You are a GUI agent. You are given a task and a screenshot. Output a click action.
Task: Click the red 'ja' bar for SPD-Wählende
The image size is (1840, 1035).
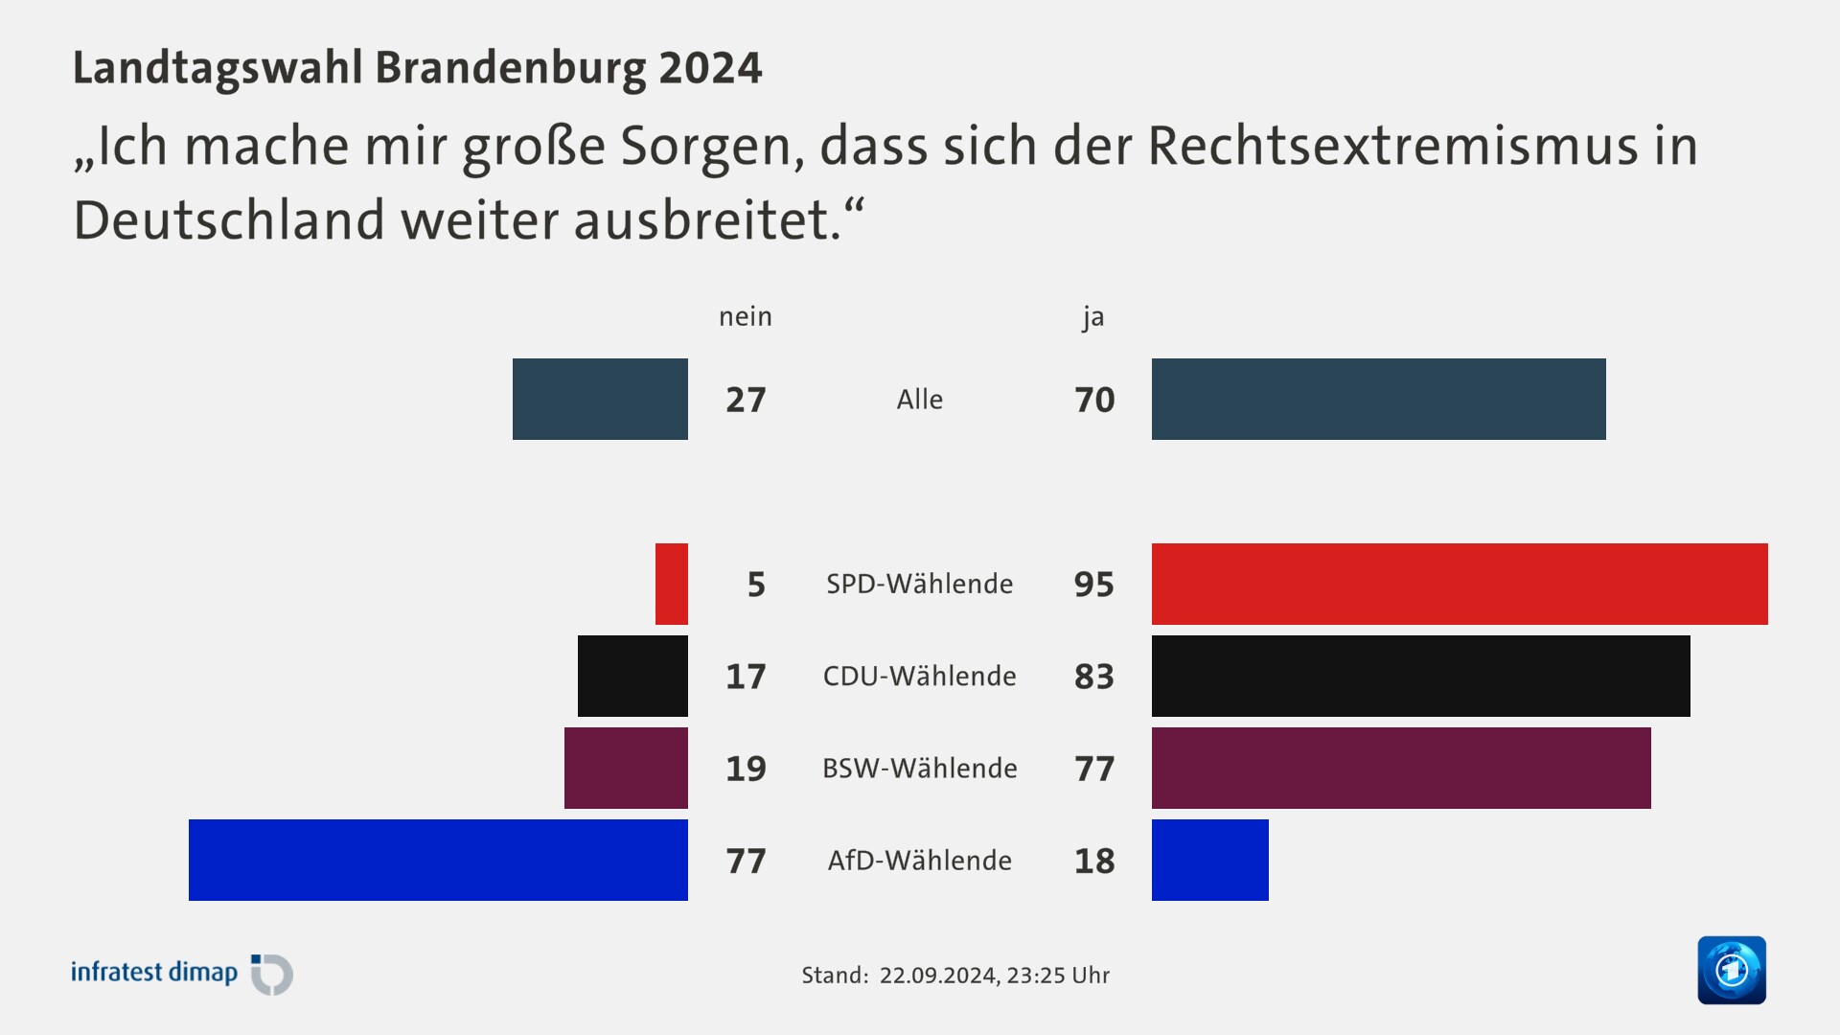(x=1459, y=584)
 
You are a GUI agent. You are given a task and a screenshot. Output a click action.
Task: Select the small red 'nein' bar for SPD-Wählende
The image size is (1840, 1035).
(x=671, y=584)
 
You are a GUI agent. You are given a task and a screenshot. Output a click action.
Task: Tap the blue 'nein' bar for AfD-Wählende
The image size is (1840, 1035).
(x=438, y=860)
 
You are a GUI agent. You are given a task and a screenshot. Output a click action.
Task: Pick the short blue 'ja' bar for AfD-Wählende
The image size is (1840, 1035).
(x=1209, y=860)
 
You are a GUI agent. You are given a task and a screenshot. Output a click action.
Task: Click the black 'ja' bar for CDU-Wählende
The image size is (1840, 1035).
(x=1420, y=676)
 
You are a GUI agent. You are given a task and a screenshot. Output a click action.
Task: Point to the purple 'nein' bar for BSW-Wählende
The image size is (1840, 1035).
(x=626, y=768)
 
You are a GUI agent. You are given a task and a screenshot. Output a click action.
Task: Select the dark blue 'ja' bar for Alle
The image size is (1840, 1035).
(x=1378, y=399)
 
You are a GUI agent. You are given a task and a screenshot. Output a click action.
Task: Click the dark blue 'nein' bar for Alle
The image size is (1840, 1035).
(x=600, y=399)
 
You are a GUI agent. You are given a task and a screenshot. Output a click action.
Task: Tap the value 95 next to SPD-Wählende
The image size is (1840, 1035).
(x=1093, y=585)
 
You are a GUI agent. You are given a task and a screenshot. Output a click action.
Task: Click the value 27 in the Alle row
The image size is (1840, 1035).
(x=746, y=400)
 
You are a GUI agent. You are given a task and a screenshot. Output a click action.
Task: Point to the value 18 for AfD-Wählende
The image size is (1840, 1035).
(x=1093, y=861)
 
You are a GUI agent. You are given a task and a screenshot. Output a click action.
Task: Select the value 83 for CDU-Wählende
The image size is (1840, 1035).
(x=1093, y=677)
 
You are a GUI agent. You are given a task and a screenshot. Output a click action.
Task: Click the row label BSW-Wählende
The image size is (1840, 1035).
(x=919, y=768)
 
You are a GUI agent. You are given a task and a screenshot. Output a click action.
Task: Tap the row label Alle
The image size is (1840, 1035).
(x=919, y=400)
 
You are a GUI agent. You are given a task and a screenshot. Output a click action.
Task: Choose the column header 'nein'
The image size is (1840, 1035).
(x=745, y=316)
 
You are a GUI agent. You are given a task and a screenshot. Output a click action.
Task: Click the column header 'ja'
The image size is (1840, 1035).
(x=1092, y=316)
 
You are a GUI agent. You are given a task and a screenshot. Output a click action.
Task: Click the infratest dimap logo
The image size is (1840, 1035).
(x=182, y=973)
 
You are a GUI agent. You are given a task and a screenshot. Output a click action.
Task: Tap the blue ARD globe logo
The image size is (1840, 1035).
(x=1731, y=970)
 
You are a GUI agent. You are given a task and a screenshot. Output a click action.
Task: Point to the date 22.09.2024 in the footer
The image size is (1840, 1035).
(x=937, y=976)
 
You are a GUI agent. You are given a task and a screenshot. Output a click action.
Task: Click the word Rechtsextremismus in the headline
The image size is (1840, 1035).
(x=1392, y=146)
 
